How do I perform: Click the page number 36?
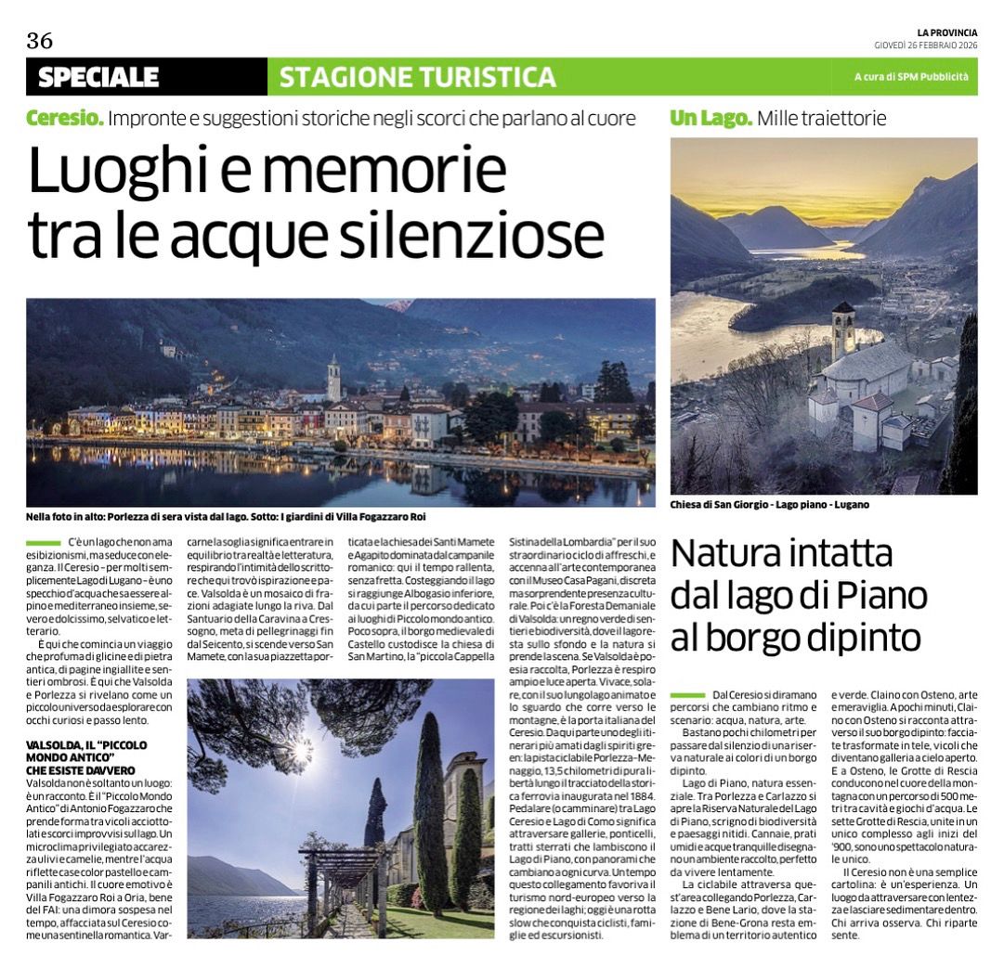pyautogui.click(x=40, y=40)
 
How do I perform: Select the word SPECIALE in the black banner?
pyautogui.click(x=98, y=77)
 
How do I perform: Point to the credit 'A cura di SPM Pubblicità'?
pyautogui.click(x=910, y=77)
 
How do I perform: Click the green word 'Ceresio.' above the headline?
pyautogui.click(x=64, y=119)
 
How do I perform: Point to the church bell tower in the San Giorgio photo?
pyautogui.click(x=842, y=329)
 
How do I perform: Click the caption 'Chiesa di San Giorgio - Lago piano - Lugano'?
pyautogui.click(x=770, y=506)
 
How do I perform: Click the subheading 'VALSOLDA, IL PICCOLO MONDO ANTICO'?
pyautogui.click(x=86, y=751)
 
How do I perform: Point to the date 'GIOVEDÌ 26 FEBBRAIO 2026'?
pyautogui.click(x=925, y=45)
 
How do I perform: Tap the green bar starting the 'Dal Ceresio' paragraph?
pyautogui.click(x=687, y=694)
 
